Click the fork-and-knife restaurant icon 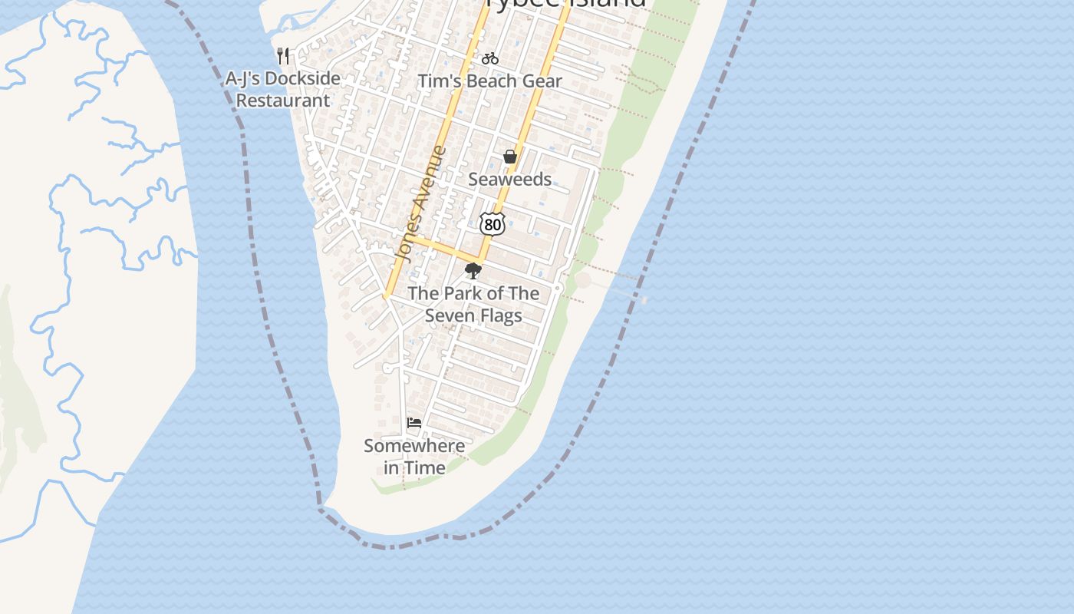coord(283,55)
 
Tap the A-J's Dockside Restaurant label coord(282,89)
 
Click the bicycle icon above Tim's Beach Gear coord(490,58)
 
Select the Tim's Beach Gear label coord(489,81)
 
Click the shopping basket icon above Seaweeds coord(510,157)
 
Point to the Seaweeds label coord(509,180)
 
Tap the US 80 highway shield coord(493,224)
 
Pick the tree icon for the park coord(473,270)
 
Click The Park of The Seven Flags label coord(473,304)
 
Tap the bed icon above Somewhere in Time coord(414,423)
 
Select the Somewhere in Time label coord(414,457)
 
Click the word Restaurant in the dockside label coord(282,101)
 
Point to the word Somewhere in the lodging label coord(414,446)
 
